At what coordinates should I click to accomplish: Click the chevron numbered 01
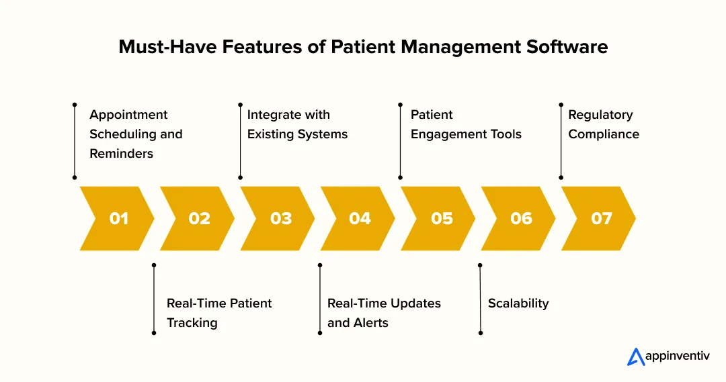point(118,218)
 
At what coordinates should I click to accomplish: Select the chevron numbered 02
point(198,218)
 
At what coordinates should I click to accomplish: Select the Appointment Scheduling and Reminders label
point(136,134)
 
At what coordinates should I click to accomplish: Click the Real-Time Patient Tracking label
point(219,313)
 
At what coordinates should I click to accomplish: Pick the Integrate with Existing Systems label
point(297,124)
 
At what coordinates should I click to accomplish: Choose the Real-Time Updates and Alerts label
point(384,313)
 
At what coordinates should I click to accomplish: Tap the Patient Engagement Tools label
point(466,124)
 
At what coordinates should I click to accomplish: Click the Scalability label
point(518,303)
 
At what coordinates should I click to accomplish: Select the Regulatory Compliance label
point(604,124)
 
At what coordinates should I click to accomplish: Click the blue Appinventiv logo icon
point(636,357)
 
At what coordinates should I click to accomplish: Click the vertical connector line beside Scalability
point(480,299)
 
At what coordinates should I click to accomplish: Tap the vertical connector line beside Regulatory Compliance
point(561,141)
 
